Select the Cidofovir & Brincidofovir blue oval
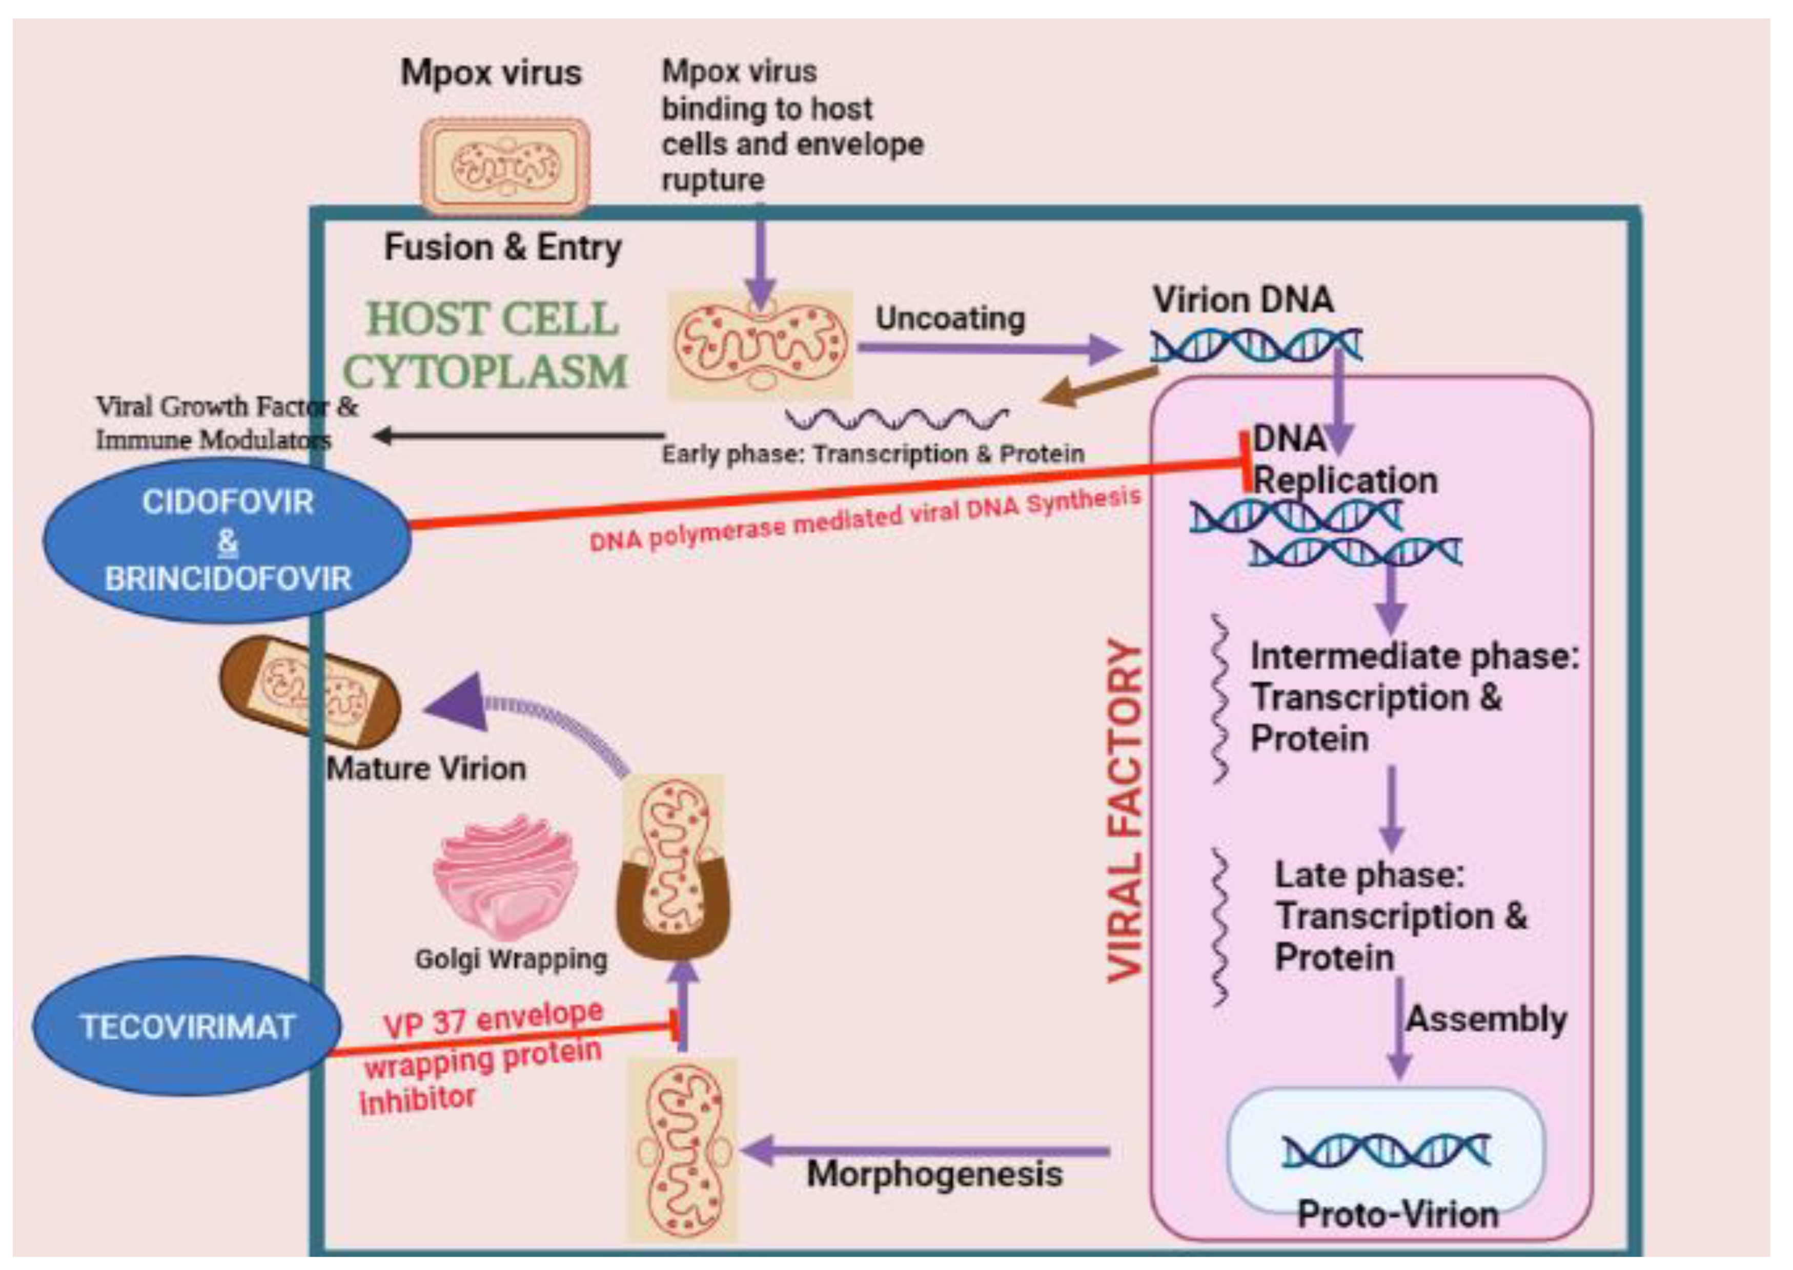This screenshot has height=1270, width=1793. (x=227, y=539)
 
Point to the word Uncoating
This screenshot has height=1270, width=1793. (x=950, y=318)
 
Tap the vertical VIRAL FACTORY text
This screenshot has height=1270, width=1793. (x=1125, y=809)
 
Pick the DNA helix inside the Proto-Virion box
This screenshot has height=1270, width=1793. (x=1385, y=1150)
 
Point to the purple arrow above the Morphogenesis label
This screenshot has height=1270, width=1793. (x=923, y=1150)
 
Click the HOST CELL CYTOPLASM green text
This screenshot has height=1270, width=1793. (x=486, y=344)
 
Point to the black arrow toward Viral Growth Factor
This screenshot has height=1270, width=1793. (x=516, y=435)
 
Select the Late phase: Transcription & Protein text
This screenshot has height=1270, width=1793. (x=1400, y=915)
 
